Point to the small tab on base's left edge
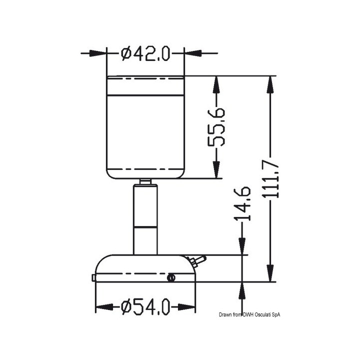(x=93, y=277)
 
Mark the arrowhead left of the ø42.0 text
(x=100, y=52)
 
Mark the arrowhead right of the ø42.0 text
(x=191, y=52)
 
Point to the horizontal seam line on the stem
(x=145, y=227)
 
